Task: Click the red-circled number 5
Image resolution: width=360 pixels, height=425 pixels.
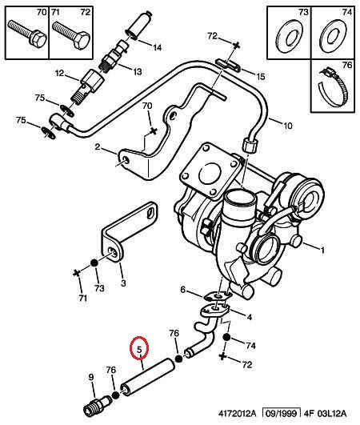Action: pos(138,349)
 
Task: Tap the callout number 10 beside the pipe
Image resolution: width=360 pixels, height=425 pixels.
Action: pos(288,124)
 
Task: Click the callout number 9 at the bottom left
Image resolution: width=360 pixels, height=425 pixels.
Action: pos(90,378)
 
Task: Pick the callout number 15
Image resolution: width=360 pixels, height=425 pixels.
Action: pos(260,76)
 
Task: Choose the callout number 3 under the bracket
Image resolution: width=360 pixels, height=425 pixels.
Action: pos(122,283)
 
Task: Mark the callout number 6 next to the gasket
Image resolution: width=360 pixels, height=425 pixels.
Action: pos(182,290)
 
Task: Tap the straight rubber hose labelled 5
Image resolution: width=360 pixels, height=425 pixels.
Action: pos(147,376)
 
